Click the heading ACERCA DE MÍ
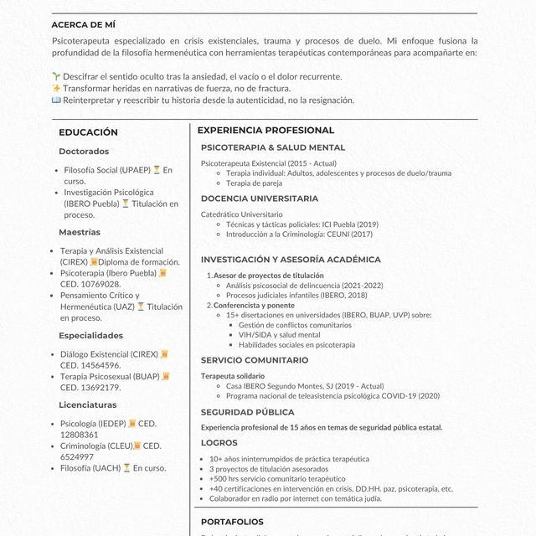[x=83, y=24]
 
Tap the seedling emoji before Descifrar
[x=56, y=76]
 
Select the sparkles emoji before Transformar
[x=56, y=88]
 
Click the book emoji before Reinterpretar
[x=56, y=100]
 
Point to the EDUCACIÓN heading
[x=88, y=132]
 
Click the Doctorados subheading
[x=84, y=152]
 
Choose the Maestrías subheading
[x=80, y=232]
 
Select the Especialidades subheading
[x=90, y=335]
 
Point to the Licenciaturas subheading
[x=88, y=405]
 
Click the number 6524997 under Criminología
[x=78, y=456]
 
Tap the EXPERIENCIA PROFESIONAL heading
[x=265, y=131]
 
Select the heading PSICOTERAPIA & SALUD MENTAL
[x=272, y=147]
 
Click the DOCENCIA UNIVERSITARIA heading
[x=259, y=198]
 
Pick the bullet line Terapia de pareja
[x=254, y=183]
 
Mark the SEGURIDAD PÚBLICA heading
[x=247, y=412]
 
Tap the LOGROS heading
[x=219, y=442]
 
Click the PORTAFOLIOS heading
[x=232, y=522]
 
